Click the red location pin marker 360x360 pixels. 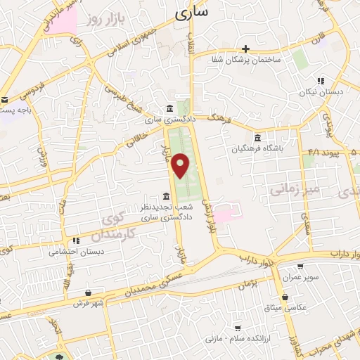coord(181,165)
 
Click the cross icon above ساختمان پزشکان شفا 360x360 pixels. coord(245,49)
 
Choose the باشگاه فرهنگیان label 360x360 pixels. coord(258,148)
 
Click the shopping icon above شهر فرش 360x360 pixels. coord(87,292)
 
